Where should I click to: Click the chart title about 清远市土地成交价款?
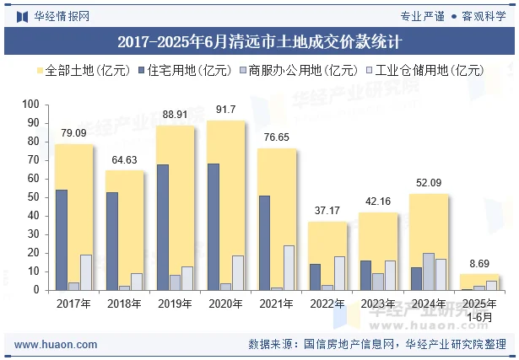[259, 40]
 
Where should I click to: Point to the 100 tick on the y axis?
[30, 105]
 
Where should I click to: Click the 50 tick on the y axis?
[33, 197]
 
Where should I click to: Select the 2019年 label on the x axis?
[175, 304]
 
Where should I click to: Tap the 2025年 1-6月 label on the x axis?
[478, 309]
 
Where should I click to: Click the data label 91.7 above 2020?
[226, 110]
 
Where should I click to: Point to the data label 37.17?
[327, 210]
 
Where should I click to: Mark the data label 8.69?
[478, 263]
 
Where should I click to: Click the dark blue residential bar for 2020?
[214, 227]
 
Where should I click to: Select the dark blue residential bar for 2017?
[62, 239]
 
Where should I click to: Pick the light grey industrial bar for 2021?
[289, 267]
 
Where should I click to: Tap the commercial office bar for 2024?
[429, 271]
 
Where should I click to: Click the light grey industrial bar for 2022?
[339, 273]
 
